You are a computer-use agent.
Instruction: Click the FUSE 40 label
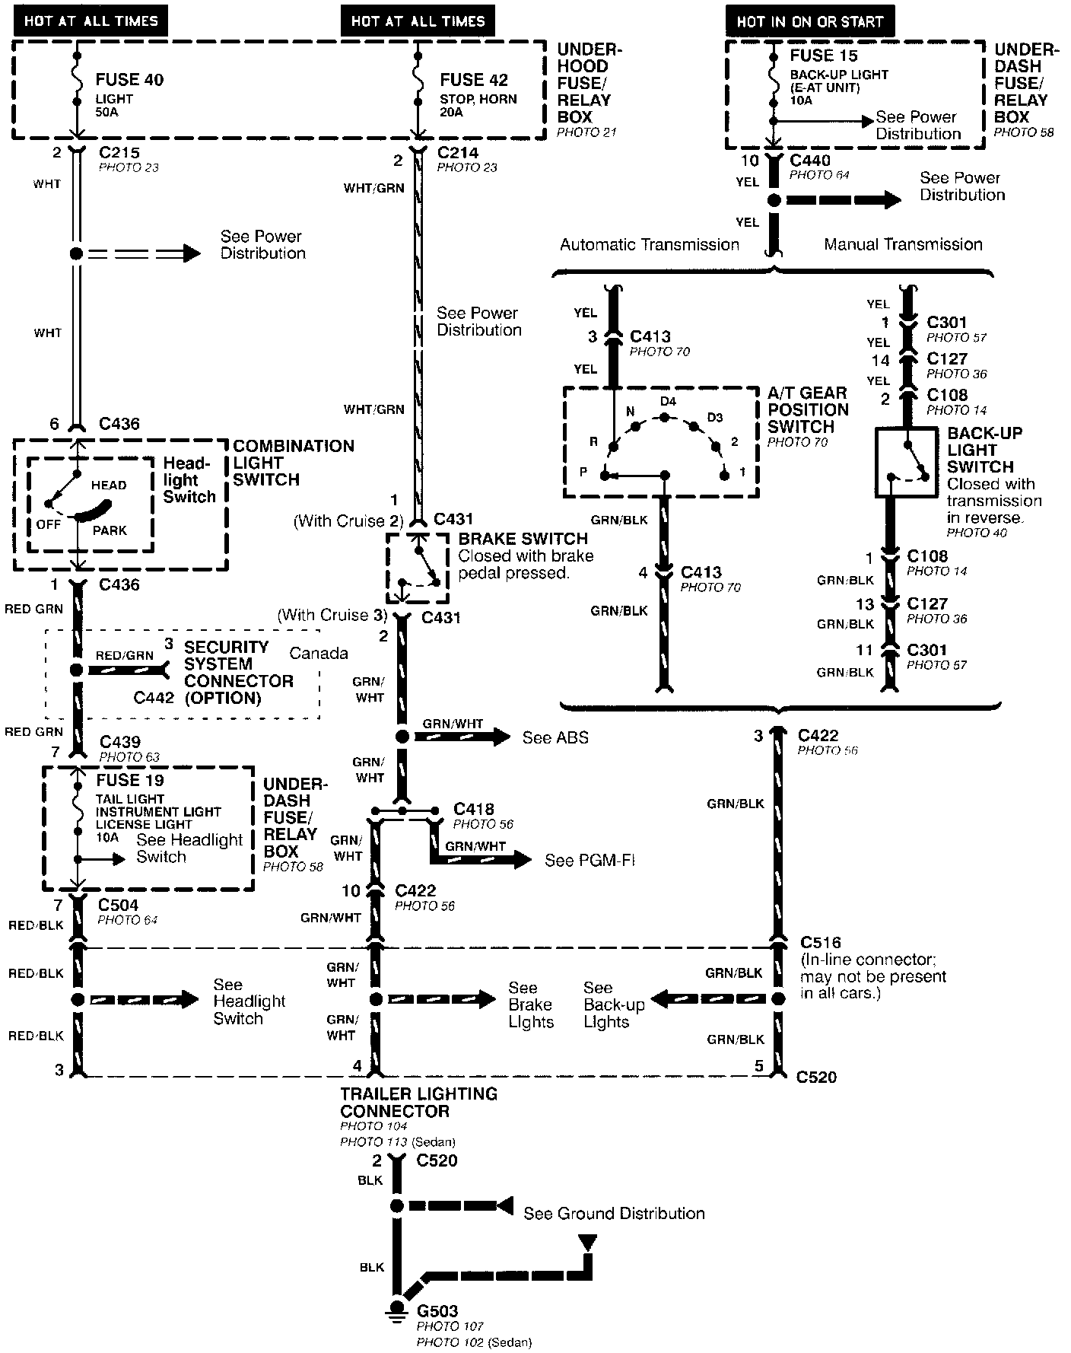129,80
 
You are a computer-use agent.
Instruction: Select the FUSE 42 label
473,80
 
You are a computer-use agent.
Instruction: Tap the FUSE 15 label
823,56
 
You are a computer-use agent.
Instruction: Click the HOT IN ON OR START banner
810,21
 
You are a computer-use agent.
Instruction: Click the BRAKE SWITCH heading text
523,539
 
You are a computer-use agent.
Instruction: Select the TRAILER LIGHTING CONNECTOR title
418,1103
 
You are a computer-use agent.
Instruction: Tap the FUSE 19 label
130,780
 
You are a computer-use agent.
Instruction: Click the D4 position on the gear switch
668,402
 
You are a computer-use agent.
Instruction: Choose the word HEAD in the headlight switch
109,485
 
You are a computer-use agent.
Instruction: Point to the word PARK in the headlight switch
110,530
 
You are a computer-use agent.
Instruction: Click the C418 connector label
473,809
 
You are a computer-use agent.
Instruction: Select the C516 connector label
821,943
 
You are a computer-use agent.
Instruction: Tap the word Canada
319,653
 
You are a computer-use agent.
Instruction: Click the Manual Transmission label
903,244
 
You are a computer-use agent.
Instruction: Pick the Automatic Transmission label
650,244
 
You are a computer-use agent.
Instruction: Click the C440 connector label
810,160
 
